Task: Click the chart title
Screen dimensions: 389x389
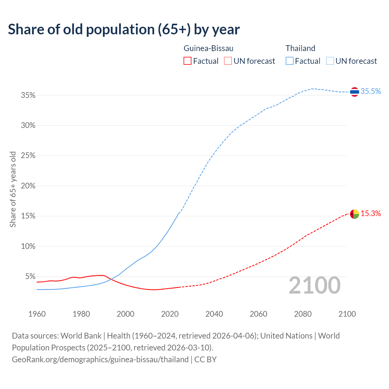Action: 124,29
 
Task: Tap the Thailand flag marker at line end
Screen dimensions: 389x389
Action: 355,91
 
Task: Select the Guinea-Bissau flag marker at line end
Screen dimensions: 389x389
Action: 355,214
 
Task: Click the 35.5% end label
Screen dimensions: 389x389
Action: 370,91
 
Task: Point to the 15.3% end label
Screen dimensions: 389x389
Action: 371,214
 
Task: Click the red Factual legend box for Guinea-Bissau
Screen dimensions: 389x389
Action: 188,61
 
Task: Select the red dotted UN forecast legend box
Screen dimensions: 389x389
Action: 228,61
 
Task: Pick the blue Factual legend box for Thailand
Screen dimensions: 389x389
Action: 290,61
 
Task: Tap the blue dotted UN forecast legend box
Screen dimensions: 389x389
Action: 330,61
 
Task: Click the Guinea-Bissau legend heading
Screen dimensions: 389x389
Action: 208,48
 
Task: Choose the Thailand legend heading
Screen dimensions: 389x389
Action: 300,48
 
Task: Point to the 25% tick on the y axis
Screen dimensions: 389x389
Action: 28,156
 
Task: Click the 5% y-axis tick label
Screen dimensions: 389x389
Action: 30,277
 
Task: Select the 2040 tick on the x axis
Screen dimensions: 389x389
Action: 214,314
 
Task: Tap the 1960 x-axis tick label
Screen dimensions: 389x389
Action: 37,314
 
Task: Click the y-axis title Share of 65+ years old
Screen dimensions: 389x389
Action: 13,189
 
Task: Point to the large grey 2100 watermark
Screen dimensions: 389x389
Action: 315,285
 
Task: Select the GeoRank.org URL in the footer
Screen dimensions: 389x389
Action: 100,360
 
